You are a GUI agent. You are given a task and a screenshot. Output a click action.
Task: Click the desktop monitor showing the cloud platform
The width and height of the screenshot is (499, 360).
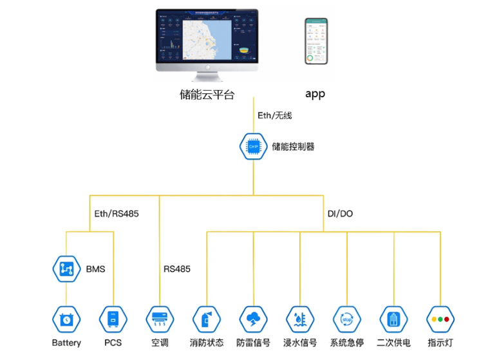(207, 40)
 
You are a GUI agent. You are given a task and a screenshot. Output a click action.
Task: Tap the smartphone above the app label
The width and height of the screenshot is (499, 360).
(315, 41)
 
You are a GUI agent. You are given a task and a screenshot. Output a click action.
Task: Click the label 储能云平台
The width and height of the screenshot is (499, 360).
(207, 94)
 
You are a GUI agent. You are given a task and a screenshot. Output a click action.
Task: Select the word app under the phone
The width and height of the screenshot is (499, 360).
(315, 94)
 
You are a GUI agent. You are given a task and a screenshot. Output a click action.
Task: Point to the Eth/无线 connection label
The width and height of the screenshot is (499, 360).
(274, 115)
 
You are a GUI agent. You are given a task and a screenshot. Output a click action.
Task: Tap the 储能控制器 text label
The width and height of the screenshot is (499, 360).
(293, 147)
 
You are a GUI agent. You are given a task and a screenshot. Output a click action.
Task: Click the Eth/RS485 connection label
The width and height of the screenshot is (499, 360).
(117, 213)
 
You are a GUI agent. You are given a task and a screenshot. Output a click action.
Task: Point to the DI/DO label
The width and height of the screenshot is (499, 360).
(340, 213)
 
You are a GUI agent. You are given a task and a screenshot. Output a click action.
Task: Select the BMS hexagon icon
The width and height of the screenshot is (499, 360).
(66, 269)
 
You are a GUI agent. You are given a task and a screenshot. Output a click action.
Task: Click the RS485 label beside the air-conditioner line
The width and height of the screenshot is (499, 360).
(176, 269)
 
